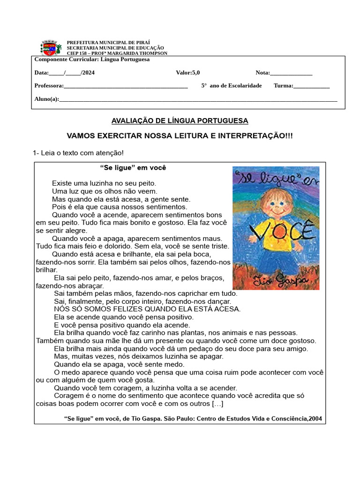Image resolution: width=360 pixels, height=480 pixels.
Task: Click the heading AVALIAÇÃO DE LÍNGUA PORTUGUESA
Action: pos(180,121)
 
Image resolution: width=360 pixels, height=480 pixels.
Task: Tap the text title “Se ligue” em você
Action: pos(133,168)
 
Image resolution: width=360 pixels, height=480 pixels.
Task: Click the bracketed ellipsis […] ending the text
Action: pos(217,404)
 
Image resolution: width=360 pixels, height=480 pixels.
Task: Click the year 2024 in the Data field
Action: pos(88,73)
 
